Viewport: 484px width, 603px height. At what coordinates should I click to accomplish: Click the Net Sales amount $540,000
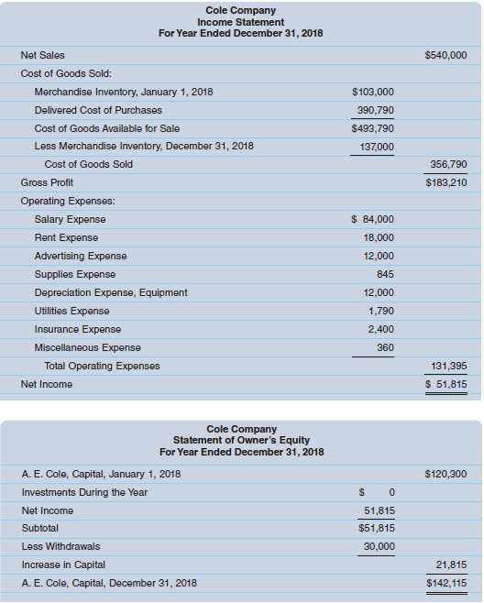click(446, 56)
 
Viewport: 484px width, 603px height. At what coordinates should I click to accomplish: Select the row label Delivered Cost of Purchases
click(98, 110)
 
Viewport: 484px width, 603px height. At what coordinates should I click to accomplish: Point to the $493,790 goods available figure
click(372, 128)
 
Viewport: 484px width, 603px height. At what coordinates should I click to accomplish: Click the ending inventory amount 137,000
click(376, 147)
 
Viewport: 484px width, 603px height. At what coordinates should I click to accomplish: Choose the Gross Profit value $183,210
click(446, 183)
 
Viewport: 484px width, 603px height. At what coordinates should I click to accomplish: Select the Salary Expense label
click(70, 219)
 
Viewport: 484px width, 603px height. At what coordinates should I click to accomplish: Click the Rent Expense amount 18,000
click(379, 237)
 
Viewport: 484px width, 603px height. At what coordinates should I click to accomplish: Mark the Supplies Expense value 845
click(385, 274)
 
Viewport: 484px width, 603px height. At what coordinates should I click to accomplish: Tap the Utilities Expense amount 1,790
click(381, 311)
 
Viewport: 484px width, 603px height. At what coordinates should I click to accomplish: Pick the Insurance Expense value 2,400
click(380, 329)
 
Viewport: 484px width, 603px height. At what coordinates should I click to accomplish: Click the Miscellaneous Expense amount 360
click(385, 347)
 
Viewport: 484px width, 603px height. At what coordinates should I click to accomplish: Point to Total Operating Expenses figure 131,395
click(449, 366)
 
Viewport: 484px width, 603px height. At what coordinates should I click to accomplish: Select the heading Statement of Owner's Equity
click(241, 441)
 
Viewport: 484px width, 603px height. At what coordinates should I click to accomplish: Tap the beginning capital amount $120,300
click(446, 474)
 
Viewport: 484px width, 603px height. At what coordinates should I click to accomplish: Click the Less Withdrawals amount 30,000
click(379, 546)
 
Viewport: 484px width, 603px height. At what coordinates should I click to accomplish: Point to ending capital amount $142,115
click(446, 583)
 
